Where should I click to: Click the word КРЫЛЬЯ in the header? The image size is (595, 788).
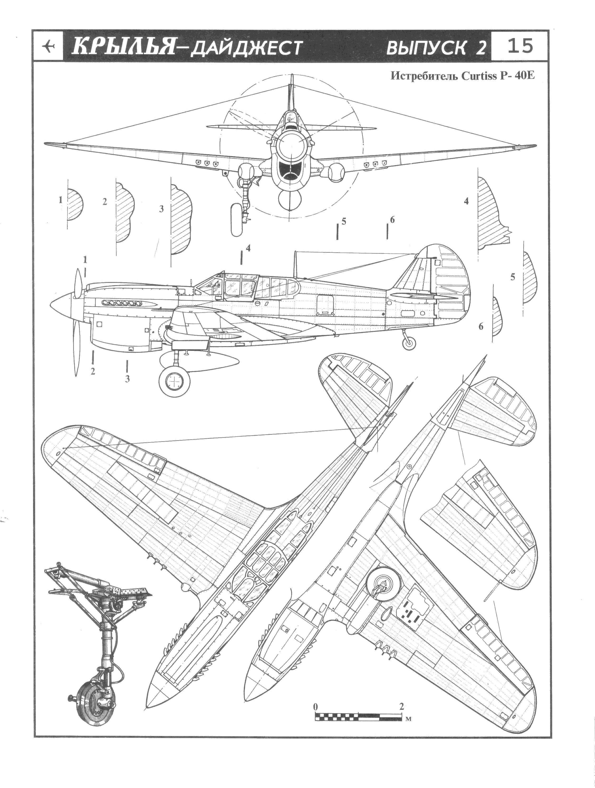click(123, 47)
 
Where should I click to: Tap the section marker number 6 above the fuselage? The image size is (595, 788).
click(392, 220)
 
